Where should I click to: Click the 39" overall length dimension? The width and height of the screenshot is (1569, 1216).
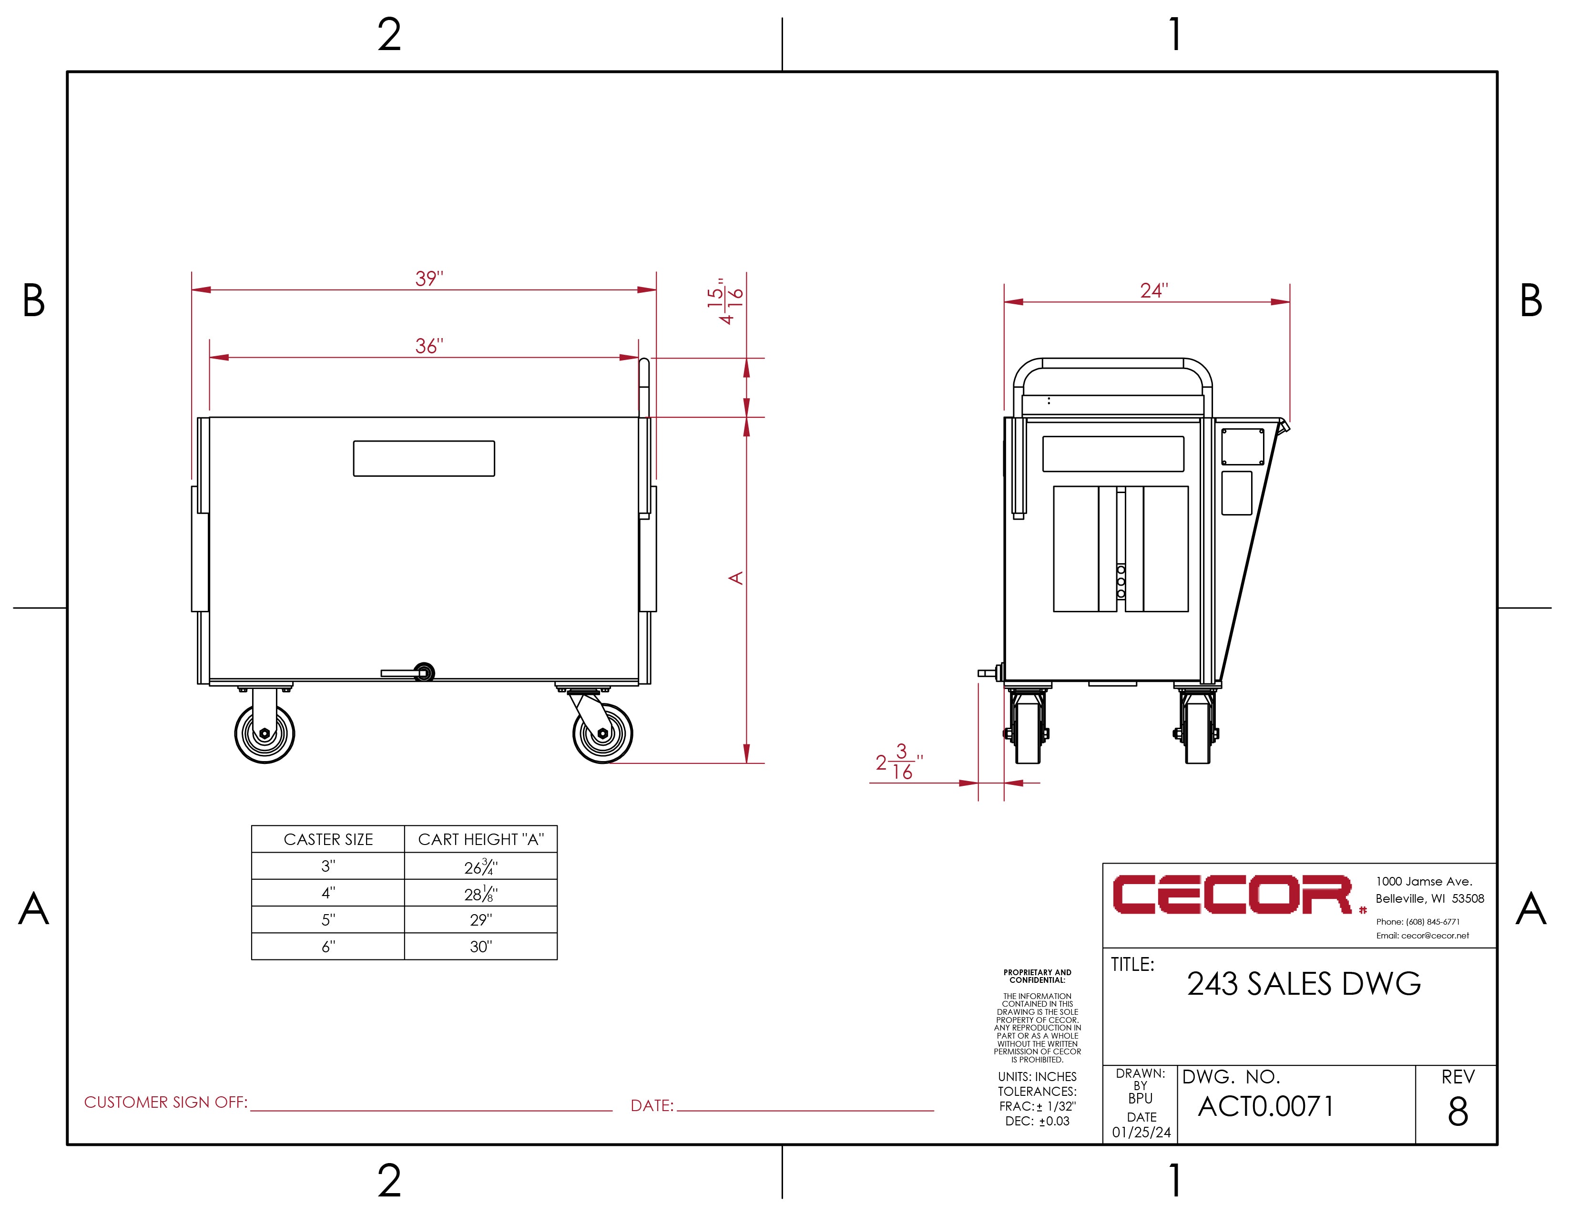(429, 278)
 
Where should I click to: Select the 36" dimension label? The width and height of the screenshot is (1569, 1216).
(429, 346)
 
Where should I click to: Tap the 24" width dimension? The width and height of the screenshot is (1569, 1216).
(1154, 290)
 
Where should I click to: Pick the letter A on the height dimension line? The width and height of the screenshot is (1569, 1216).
(736, 578)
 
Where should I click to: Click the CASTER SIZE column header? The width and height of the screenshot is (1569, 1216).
(328, 839)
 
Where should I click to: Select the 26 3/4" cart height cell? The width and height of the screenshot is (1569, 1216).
(480, 867)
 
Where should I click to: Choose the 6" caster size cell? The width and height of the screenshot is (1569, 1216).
(328, 947)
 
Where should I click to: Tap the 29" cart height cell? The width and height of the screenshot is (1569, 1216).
(480, 920)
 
